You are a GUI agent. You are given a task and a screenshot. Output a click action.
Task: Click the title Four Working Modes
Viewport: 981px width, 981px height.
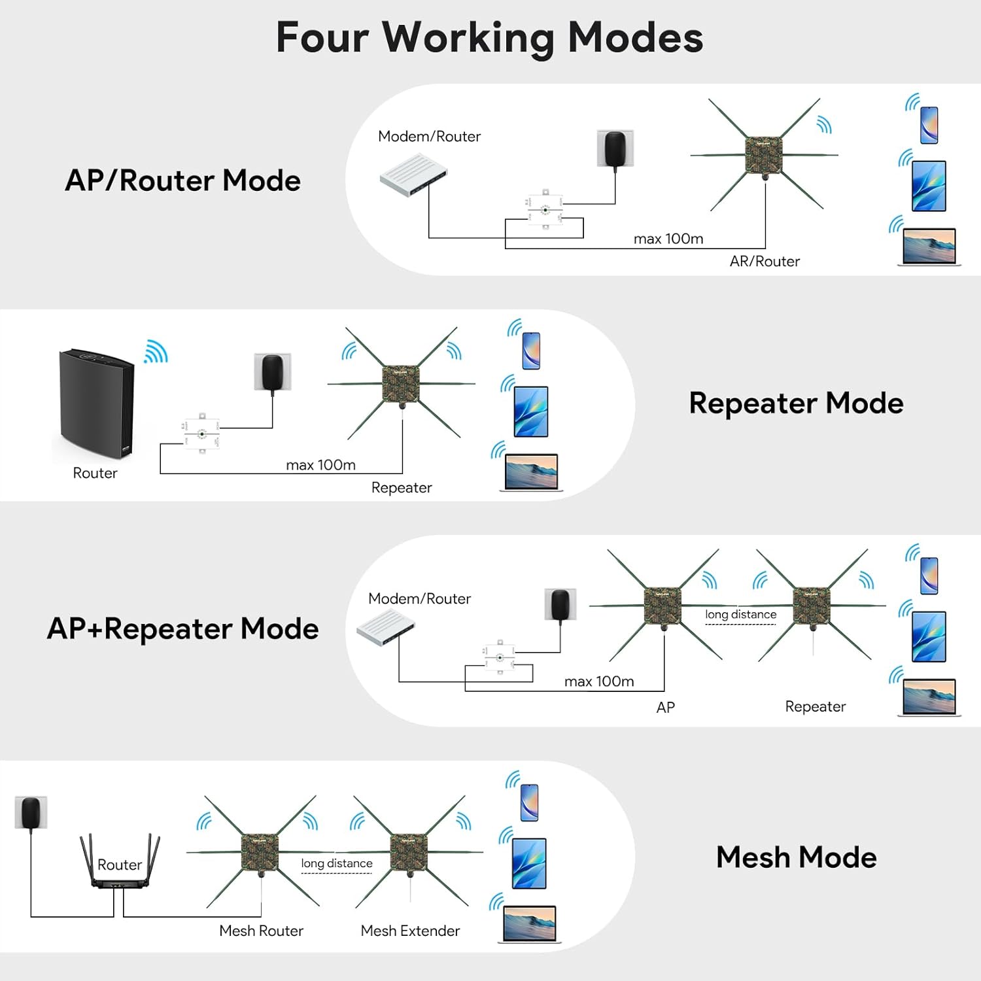coord(489,37)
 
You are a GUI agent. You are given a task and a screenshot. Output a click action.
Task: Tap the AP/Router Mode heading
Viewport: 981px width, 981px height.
coord(183,181)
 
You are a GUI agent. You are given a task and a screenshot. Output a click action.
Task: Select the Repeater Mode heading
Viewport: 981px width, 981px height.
coord(796,403)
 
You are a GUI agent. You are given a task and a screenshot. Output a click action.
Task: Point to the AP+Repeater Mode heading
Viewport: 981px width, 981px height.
coord(183,628)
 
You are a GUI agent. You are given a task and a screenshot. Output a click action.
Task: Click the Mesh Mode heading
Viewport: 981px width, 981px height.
coord(796,857)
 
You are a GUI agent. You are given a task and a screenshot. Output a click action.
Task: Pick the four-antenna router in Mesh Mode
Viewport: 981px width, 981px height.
coord(120,863)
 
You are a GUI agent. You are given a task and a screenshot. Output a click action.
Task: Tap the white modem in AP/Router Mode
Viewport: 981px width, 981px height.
coord(413,175)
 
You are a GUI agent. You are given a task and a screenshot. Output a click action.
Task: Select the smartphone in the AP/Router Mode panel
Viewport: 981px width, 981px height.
coord(929,124)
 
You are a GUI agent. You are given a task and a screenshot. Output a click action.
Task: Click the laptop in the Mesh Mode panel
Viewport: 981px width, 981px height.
coord(529,923)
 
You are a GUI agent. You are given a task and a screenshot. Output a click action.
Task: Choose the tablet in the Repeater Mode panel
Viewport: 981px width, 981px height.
coord(530,411)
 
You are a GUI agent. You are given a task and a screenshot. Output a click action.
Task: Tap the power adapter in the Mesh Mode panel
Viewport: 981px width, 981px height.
coord(31,812)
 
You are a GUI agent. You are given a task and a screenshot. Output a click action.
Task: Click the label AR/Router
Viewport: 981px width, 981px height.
coord(765,262)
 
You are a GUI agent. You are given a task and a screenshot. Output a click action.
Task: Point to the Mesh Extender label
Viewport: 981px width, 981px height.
coord(410,931)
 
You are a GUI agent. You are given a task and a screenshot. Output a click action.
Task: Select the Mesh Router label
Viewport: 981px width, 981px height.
coord(261,931)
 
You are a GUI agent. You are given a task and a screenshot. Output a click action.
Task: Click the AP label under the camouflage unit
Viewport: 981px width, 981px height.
coord(665,707)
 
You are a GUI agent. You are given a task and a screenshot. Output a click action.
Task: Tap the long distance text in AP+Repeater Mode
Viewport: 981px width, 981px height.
coord(740,615)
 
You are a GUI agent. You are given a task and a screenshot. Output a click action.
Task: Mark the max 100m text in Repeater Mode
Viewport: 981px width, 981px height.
coord(320,465)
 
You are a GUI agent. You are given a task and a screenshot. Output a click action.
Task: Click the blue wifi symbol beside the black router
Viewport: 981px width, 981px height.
coord(156,352)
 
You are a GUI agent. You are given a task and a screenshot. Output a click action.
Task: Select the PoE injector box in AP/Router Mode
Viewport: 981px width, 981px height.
coord(545,210)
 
